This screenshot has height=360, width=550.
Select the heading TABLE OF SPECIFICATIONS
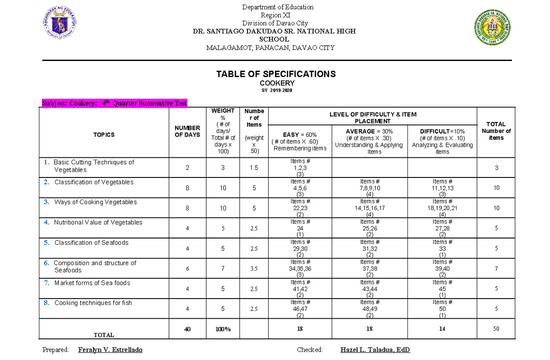276,74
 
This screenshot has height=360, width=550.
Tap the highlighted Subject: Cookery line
115,103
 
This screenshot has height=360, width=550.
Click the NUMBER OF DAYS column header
187,132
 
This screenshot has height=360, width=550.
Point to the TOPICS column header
104,135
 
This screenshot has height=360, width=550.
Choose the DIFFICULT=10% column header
442,141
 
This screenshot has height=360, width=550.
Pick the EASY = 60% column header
300,141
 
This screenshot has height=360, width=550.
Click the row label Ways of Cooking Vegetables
95,202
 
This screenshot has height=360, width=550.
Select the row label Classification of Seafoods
91,243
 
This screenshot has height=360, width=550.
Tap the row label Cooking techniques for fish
93,303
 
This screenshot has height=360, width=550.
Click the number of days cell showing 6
187,269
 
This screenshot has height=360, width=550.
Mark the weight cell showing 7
223,269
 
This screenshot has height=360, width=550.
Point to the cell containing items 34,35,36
300,268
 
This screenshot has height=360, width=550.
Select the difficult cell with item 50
442,309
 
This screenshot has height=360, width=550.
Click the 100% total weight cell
223,329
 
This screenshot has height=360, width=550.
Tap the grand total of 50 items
496,329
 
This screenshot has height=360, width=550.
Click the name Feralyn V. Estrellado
110,350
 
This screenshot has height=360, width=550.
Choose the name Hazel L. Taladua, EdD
375,350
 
